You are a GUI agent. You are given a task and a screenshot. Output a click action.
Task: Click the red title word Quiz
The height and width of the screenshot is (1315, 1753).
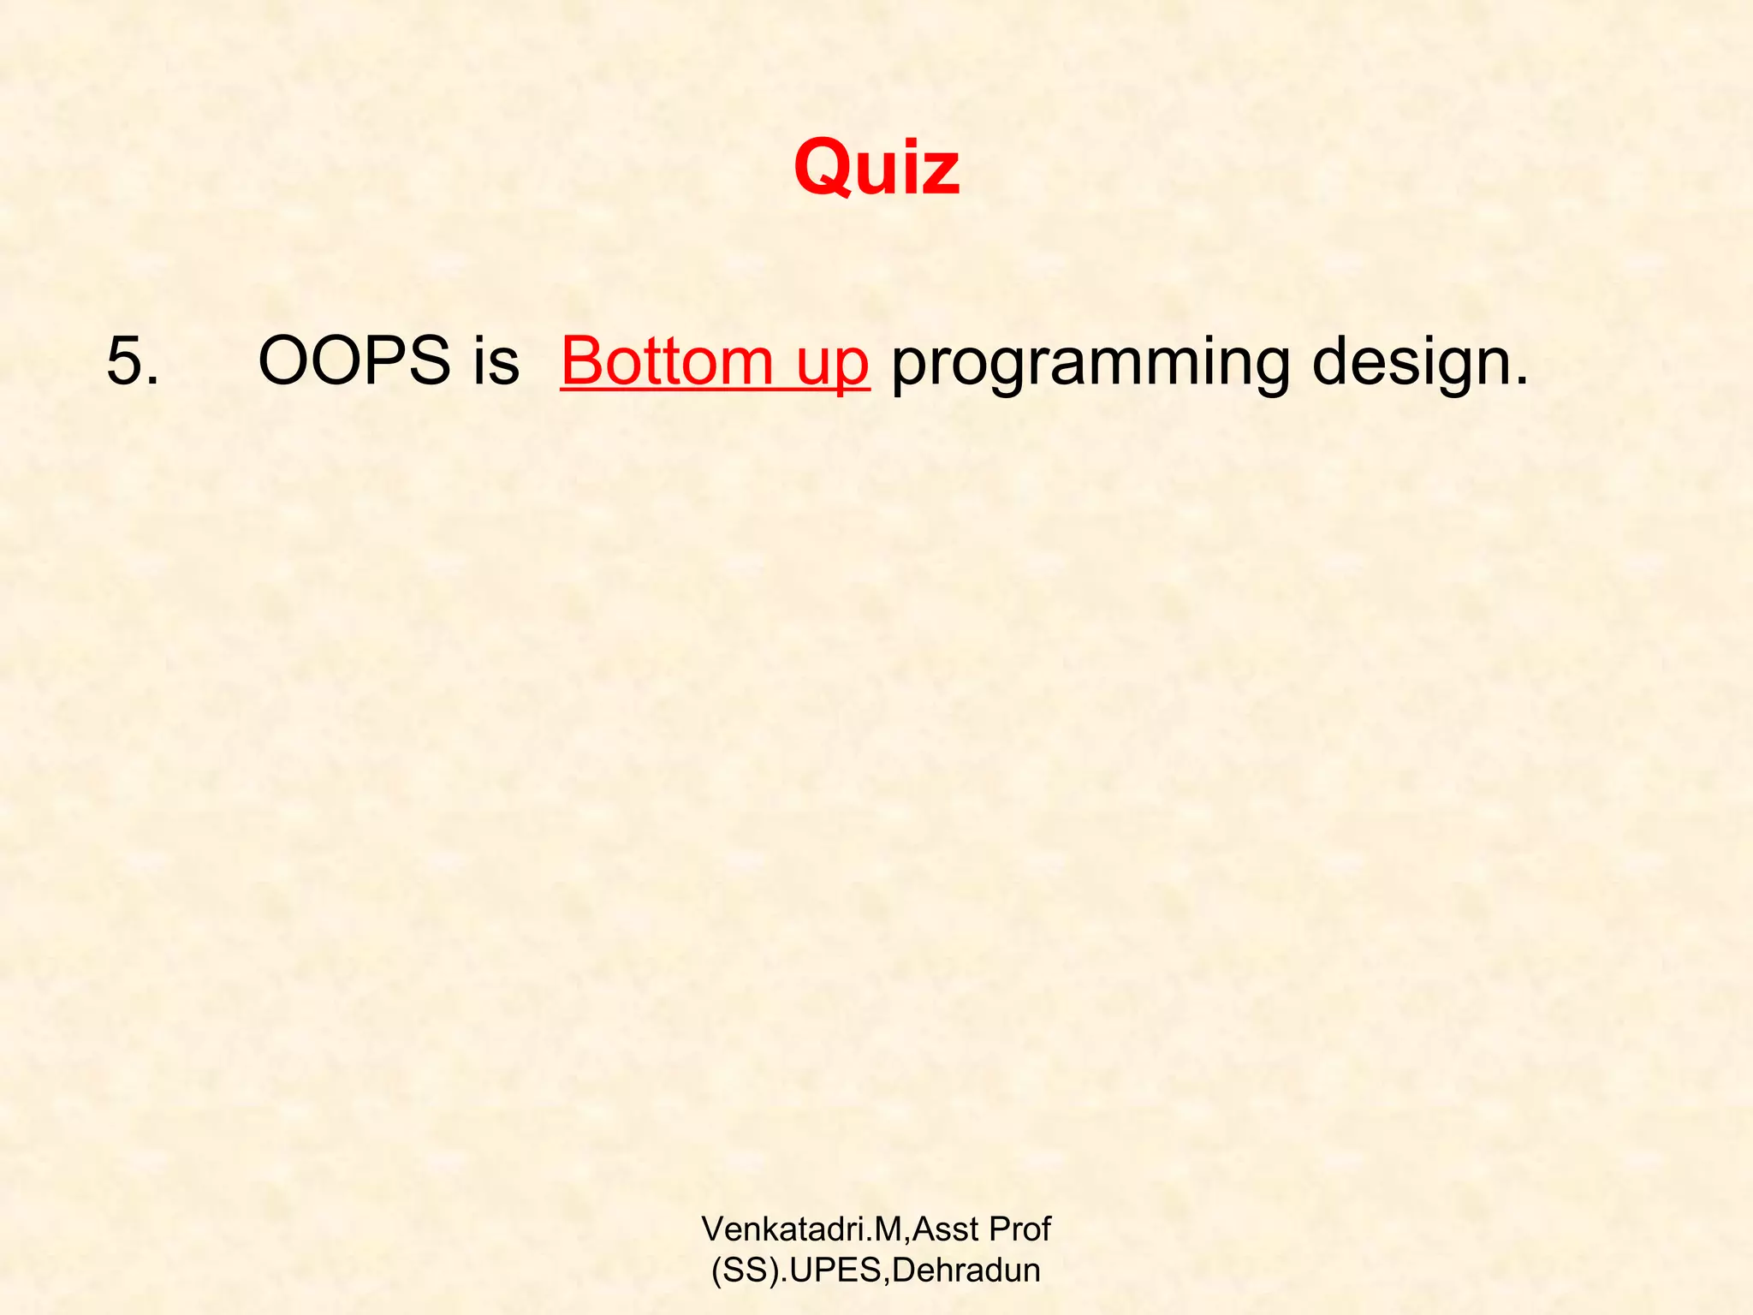click(876, 168)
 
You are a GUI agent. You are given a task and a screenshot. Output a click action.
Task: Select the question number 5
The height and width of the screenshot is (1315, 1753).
click(125, 361)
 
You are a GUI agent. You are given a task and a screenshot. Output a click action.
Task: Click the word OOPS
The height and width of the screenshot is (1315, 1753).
click(354, 361)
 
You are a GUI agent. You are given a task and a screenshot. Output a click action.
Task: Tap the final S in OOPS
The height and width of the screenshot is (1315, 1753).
click(427, 361)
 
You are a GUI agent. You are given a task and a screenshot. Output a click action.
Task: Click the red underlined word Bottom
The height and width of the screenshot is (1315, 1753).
click(668, 361)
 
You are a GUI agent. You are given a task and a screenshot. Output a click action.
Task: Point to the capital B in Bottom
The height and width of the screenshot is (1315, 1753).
click(582, 361)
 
